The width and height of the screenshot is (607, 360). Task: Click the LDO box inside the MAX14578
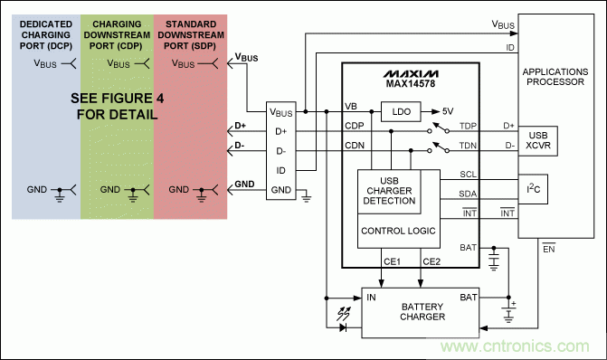(398, 111)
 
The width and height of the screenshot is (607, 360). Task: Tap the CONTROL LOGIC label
(398, 232)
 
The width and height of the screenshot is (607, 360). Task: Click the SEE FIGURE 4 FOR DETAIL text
(114, 107)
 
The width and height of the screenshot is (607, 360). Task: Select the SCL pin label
(468, 174)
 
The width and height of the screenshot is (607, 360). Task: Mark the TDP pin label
(468, 127)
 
